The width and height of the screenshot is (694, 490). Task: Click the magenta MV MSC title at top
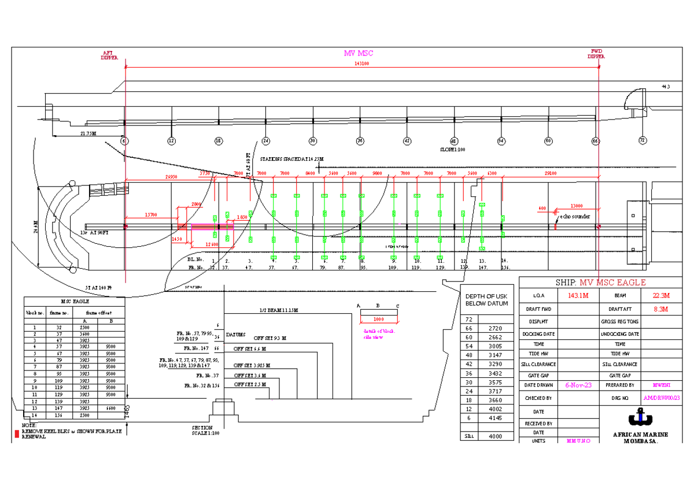(359, 54)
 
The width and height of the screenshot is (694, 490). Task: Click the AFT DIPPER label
(109, 55)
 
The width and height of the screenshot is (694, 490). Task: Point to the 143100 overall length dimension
(362, 64)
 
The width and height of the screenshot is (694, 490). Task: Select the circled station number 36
(360, 140)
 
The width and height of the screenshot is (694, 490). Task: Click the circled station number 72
(642, 140)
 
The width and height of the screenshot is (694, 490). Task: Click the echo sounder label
(575, 217)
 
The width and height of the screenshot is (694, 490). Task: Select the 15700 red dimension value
(150, 215)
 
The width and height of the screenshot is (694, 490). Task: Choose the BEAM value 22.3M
(660, 296)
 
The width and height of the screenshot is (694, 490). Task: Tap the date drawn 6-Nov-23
(578, 385)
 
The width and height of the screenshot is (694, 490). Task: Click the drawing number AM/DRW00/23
(661, 398)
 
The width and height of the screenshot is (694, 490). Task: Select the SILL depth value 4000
(495, 437)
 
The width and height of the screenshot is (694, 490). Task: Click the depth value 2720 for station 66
(495, 328)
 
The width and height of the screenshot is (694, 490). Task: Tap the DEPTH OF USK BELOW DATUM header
(486, 300)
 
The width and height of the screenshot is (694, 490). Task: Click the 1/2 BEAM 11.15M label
(279, 310)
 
